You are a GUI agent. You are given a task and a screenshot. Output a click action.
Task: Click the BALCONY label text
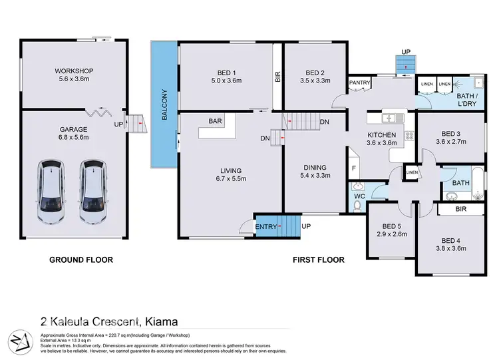click(x=164, y=105)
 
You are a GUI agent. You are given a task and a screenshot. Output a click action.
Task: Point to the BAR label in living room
click(x=215, y=121)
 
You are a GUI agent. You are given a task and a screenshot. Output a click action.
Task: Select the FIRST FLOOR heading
click(x=319, y=260)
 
